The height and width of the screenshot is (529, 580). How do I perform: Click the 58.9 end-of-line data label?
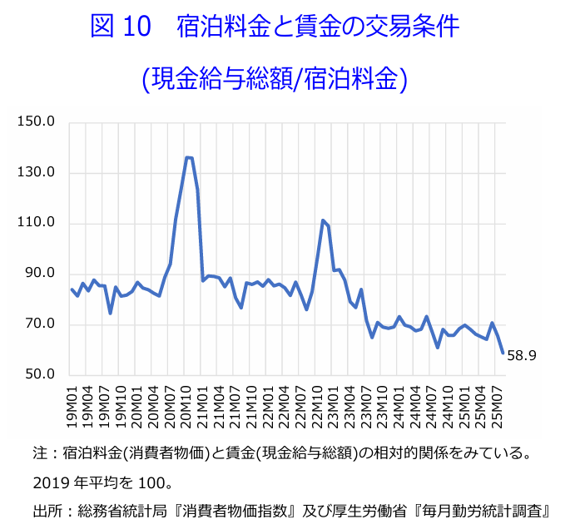click(x=522, y=356)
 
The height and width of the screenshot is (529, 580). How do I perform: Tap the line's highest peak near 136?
click(x=188, y=157)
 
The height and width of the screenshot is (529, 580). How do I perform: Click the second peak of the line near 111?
click(x=323, y=220)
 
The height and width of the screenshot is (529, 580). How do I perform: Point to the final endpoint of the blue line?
click(x=503, y=353)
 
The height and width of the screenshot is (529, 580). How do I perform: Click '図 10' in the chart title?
click(x=122, y=27)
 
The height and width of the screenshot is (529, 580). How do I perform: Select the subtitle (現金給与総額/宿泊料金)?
click(x=274, y=78)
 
